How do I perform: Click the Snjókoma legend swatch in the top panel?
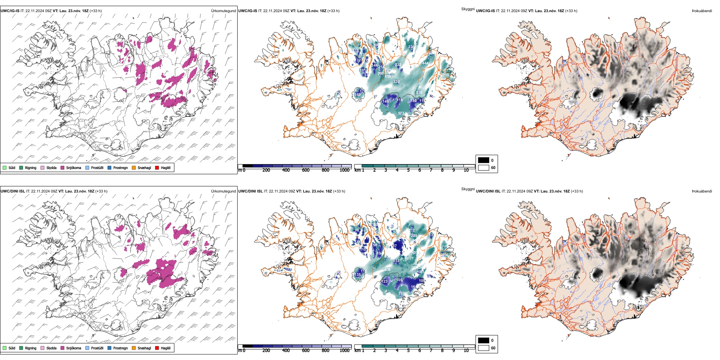click(x=63, y=167)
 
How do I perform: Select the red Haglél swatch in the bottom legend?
click(x=157, y=348)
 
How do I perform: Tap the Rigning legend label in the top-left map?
click(x=31, y=167)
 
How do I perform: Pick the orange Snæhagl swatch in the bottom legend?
click(x=134, y=348)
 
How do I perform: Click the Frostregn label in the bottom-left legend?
click(x=120, y=348)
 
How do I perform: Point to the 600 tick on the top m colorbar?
click(x=305, y=170)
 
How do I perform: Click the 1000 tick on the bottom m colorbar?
click(x=344, y=351)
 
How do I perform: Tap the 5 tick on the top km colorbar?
click(x=408, y=170)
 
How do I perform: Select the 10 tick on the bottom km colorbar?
click(x=466, y=351)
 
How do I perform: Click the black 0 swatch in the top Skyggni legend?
click(x=484, y=160)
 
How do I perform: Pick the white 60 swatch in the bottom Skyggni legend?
click(x=484, y=348)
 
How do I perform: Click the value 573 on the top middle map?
click(x=401, y=113)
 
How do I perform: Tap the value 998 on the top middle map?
click(x=446, y=75)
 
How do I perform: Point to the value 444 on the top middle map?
click(x=426, y=63)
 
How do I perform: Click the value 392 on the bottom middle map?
click(x=401, y=293)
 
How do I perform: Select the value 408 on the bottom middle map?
click(x=387, y=270)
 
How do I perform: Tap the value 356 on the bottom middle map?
click(x=446, y=255)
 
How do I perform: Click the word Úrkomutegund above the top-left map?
click(x=223, y=11)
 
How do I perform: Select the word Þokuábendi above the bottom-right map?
click(x=702, y=191)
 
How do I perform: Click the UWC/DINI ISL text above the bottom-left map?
click(x=13, y=191)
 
